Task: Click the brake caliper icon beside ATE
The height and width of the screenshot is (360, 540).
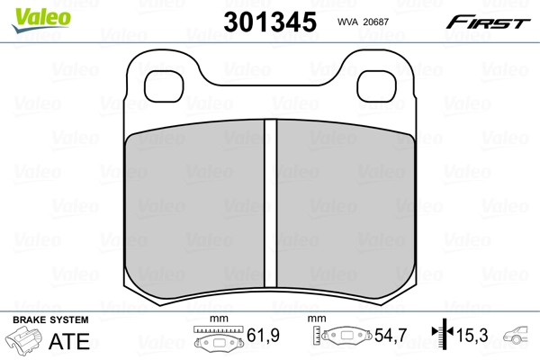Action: click(x=25, y=342)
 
